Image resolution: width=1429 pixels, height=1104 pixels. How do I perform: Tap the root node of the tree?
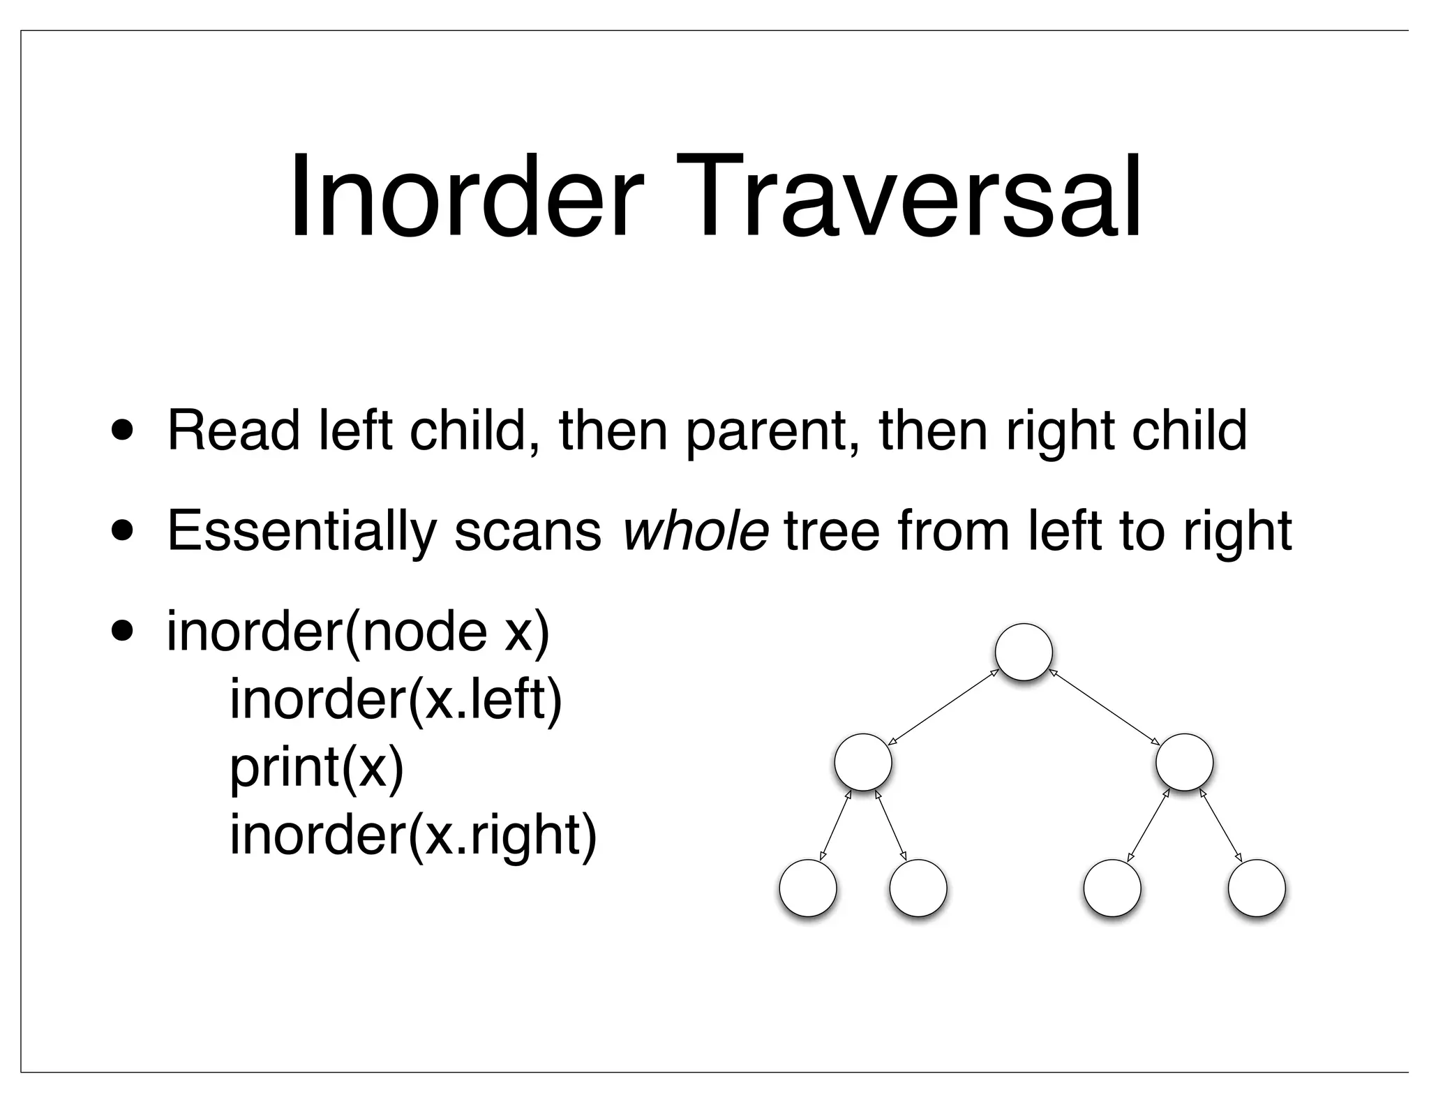point(1023,651)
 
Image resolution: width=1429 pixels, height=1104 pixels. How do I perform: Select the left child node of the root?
point(863,761)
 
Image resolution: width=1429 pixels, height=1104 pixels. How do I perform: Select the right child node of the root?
point(1184,761)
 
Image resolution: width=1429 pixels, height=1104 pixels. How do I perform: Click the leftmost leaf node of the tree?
point(807,888)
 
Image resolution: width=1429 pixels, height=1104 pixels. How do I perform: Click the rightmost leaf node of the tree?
point(1256,888)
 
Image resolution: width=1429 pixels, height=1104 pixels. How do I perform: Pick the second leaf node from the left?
point(918,888)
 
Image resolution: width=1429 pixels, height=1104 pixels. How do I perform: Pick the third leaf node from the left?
point(1112,888)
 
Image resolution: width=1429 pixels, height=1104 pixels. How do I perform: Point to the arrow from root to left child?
point(943,707)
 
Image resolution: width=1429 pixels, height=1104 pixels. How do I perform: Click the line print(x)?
point(317,768)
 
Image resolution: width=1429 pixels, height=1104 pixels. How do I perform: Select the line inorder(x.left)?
point(396,700)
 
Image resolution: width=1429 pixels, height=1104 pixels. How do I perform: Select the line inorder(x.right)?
point(413,835)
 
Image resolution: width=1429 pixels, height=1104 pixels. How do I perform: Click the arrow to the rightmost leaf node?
point(1220,825)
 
